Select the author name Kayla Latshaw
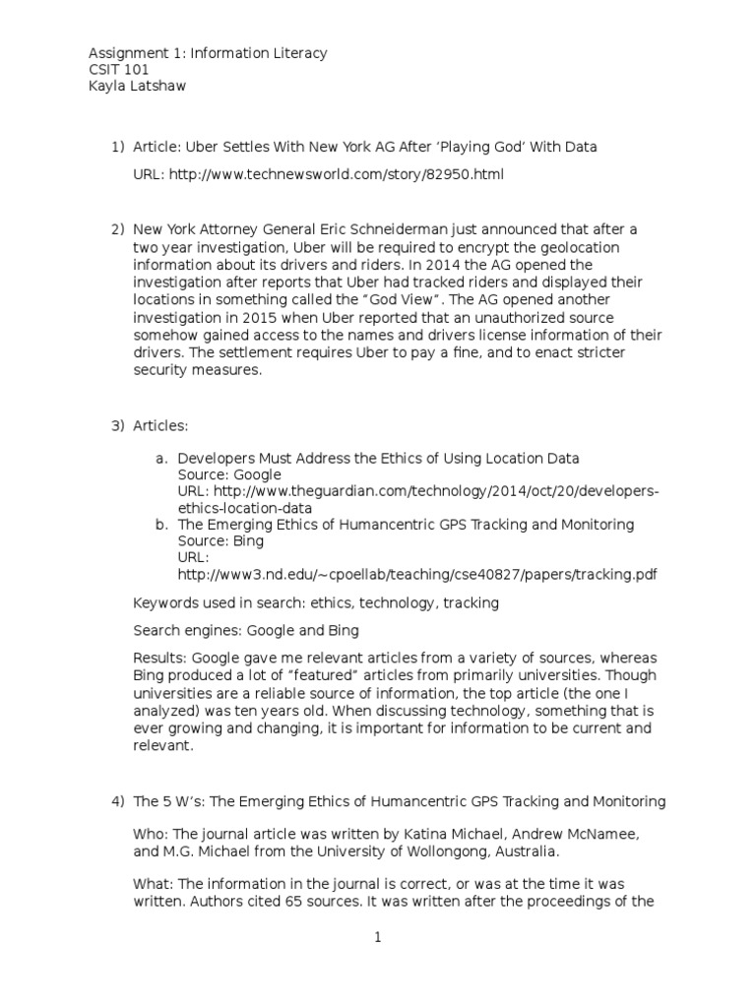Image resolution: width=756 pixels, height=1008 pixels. coord(138,88)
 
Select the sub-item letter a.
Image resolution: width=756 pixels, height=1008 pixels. coord(161,458)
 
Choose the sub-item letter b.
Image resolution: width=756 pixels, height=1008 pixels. coord(161,525)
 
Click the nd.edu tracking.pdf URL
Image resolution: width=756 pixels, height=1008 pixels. coord(417,575)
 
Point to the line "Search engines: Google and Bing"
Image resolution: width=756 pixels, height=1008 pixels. coord(246,629)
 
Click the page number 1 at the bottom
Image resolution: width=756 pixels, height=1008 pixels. coord(377,938)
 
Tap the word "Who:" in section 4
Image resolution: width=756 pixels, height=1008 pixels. coord(149,834)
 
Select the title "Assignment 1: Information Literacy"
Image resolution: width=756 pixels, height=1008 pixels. coord(208,53)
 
